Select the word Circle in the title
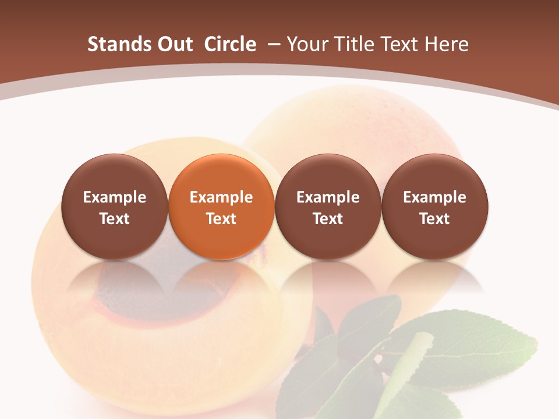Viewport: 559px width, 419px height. point(230,44)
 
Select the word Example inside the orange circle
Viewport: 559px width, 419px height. point(221,197)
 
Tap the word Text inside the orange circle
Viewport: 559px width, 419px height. point(221,219)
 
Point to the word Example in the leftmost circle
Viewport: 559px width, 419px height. point(115,197)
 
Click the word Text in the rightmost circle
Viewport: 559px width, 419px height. point(435,219)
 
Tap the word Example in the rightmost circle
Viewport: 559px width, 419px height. point(435,197)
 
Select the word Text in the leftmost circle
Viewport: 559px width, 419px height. point(115,219)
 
